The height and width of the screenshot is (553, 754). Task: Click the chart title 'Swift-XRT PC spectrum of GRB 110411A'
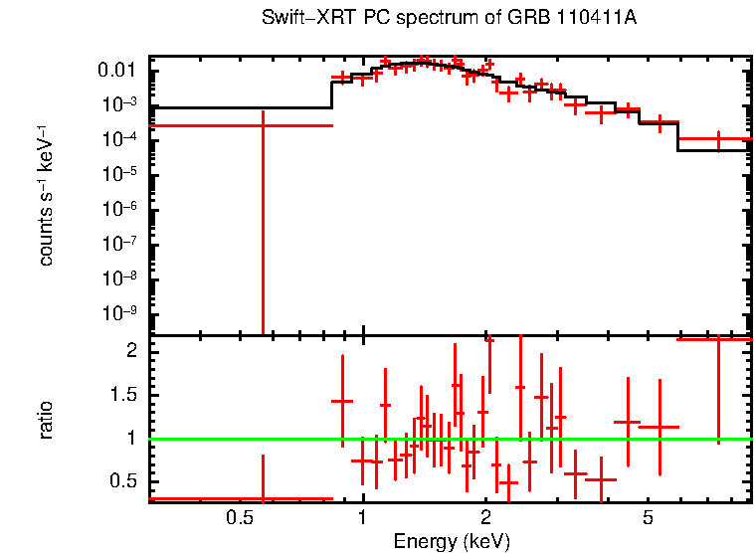pos(449,19)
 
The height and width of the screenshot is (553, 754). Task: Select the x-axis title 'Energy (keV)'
pos(452,541)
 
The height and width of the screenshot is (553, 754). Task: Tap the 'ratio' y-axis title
pos(46,420)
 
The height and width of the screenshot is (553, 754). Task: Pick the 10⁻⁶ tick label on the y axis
pos(119,209)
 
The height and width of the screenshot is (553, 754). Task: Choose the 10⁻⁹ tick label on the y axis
pos(119,313)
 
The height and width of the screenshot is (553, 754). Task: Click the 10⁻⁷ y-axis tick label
pos(119,244)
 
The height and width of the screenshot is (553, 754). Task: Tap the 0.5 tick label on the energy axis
pos(238,518)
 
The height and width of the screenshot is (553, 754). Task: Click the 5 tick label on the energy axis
pos(648,518)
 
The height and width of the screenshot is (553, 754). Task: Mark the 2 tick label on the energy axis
pos(485,518)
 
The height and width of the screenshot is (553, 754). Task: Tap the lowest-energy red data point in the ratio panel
pos(263,498)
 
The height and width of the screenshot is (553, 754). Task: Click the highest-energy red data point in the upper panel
pos(718,139)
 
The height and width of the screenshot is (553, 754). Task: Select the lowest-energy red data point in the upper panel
pos(263,125)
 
